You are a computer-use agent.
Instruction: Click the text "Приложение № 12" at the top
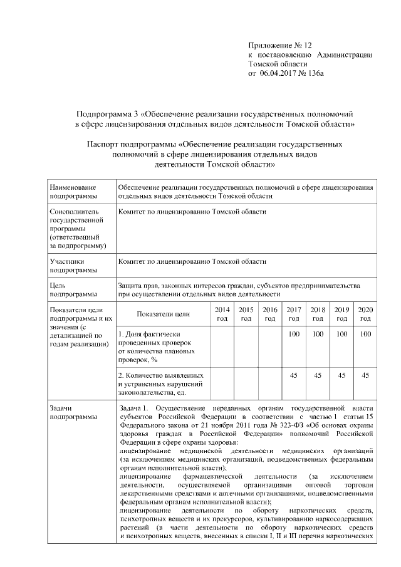pyautogui.click(x=279, y=46)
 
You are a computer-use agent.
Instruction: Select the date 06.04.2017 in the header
pyautogui.click(x=281, y=73)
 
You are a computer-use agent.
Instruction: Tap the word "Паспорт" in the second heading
pyautogui.click(x=103, y=143)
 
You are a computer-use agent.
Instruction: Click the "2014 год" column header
pyautogui.click(x=222, y=314)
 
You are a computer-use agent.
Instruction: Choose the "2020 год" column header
pyautogui.click(x=365, y=314)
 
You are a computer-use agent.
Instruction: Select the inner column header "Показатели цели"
pyautogui.click(x=163, y=314)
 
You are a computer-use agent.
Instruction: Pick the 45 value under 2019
pyautogui.click(x=341, y=375)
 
